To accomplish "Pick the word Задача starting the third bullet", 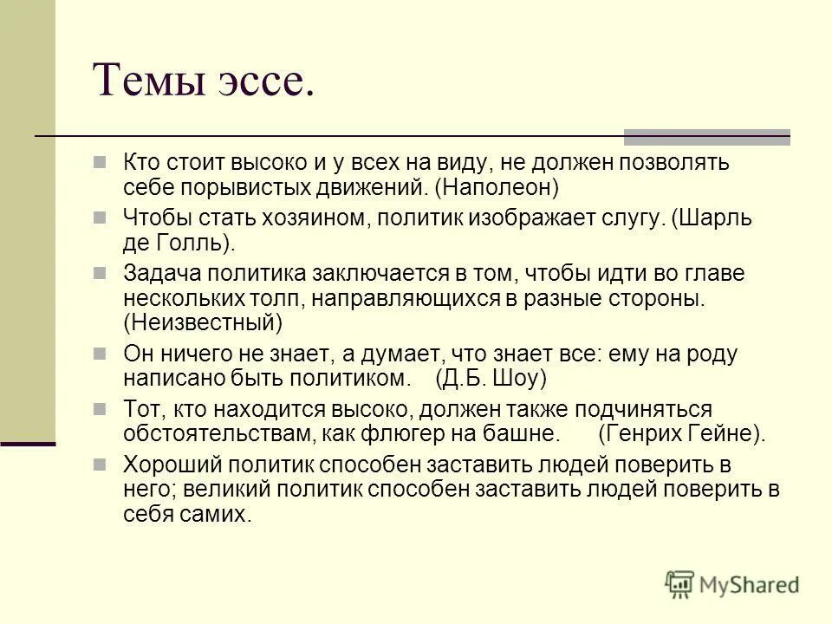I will pyautogui.click(x=162, y=273).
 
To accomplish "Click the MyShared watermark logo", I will pyautogui.click(x=732, y=584).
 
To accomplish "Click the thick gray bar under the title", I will pyautogui.click(x=707, y=136).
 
